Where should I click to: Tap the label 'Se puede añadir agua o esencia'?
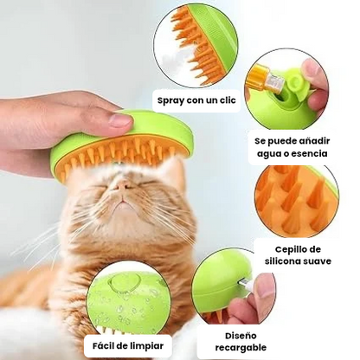tap(291, 146)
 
